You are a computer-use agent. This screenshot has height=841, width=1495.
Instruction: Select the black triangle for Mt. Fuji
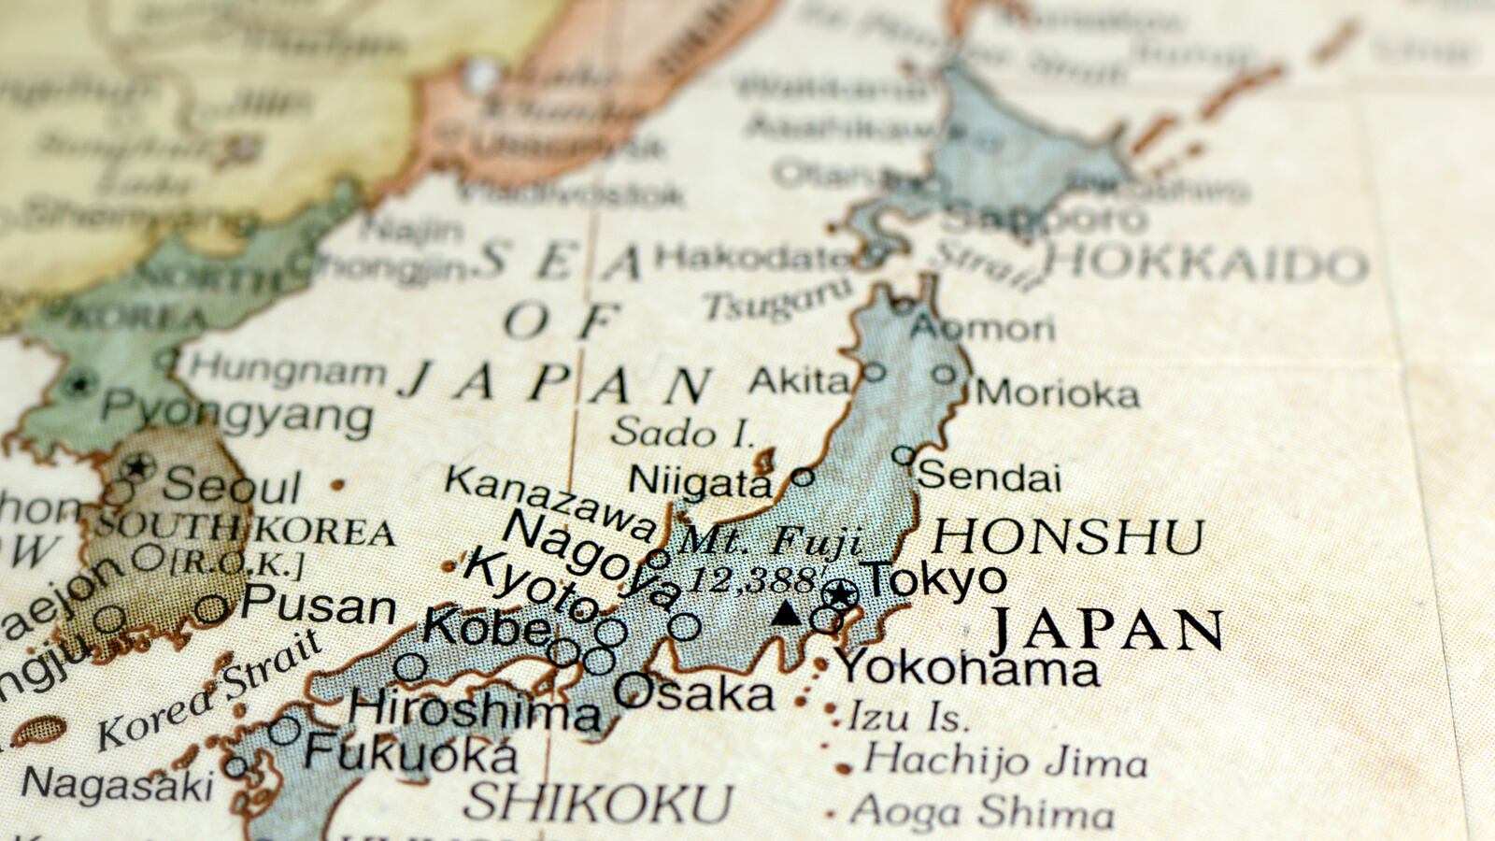click(x=788, y=613)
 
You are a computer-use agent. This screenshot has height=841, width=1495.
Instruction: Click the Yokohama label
click(x=968, y=668)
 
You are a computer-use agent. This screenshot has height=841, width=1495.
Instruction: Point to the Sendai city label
click(x=990, y=478)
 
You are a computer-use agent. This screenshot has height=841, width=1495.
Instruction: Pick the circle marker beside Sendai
click(x=903, y=455)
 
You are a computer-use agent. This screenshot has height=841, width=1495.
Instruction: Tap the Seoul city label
click(x=232, y=486)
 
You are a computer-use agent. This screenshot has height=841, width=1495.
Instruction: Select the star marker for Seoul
click(x=138, y=465)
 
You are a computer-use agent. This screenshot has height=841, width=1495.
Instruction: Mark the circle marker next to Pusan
click(x=211, y=609)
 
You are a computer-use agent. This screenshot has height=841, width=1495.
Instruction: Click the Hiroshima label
click(x=475, y=710)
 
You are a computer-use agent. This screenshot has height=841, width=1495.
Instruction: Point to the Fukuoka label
click(x=411, y=753)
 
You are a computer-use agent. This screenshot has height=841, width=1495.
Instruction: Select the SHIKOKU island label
click(x=598, y=803)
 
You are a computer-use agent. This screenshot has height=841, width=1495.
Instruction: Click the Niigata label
click(x=700, y=482)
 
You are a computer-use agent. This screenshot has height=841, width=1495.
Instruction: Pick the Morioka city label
click(x=1058, y=393)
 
